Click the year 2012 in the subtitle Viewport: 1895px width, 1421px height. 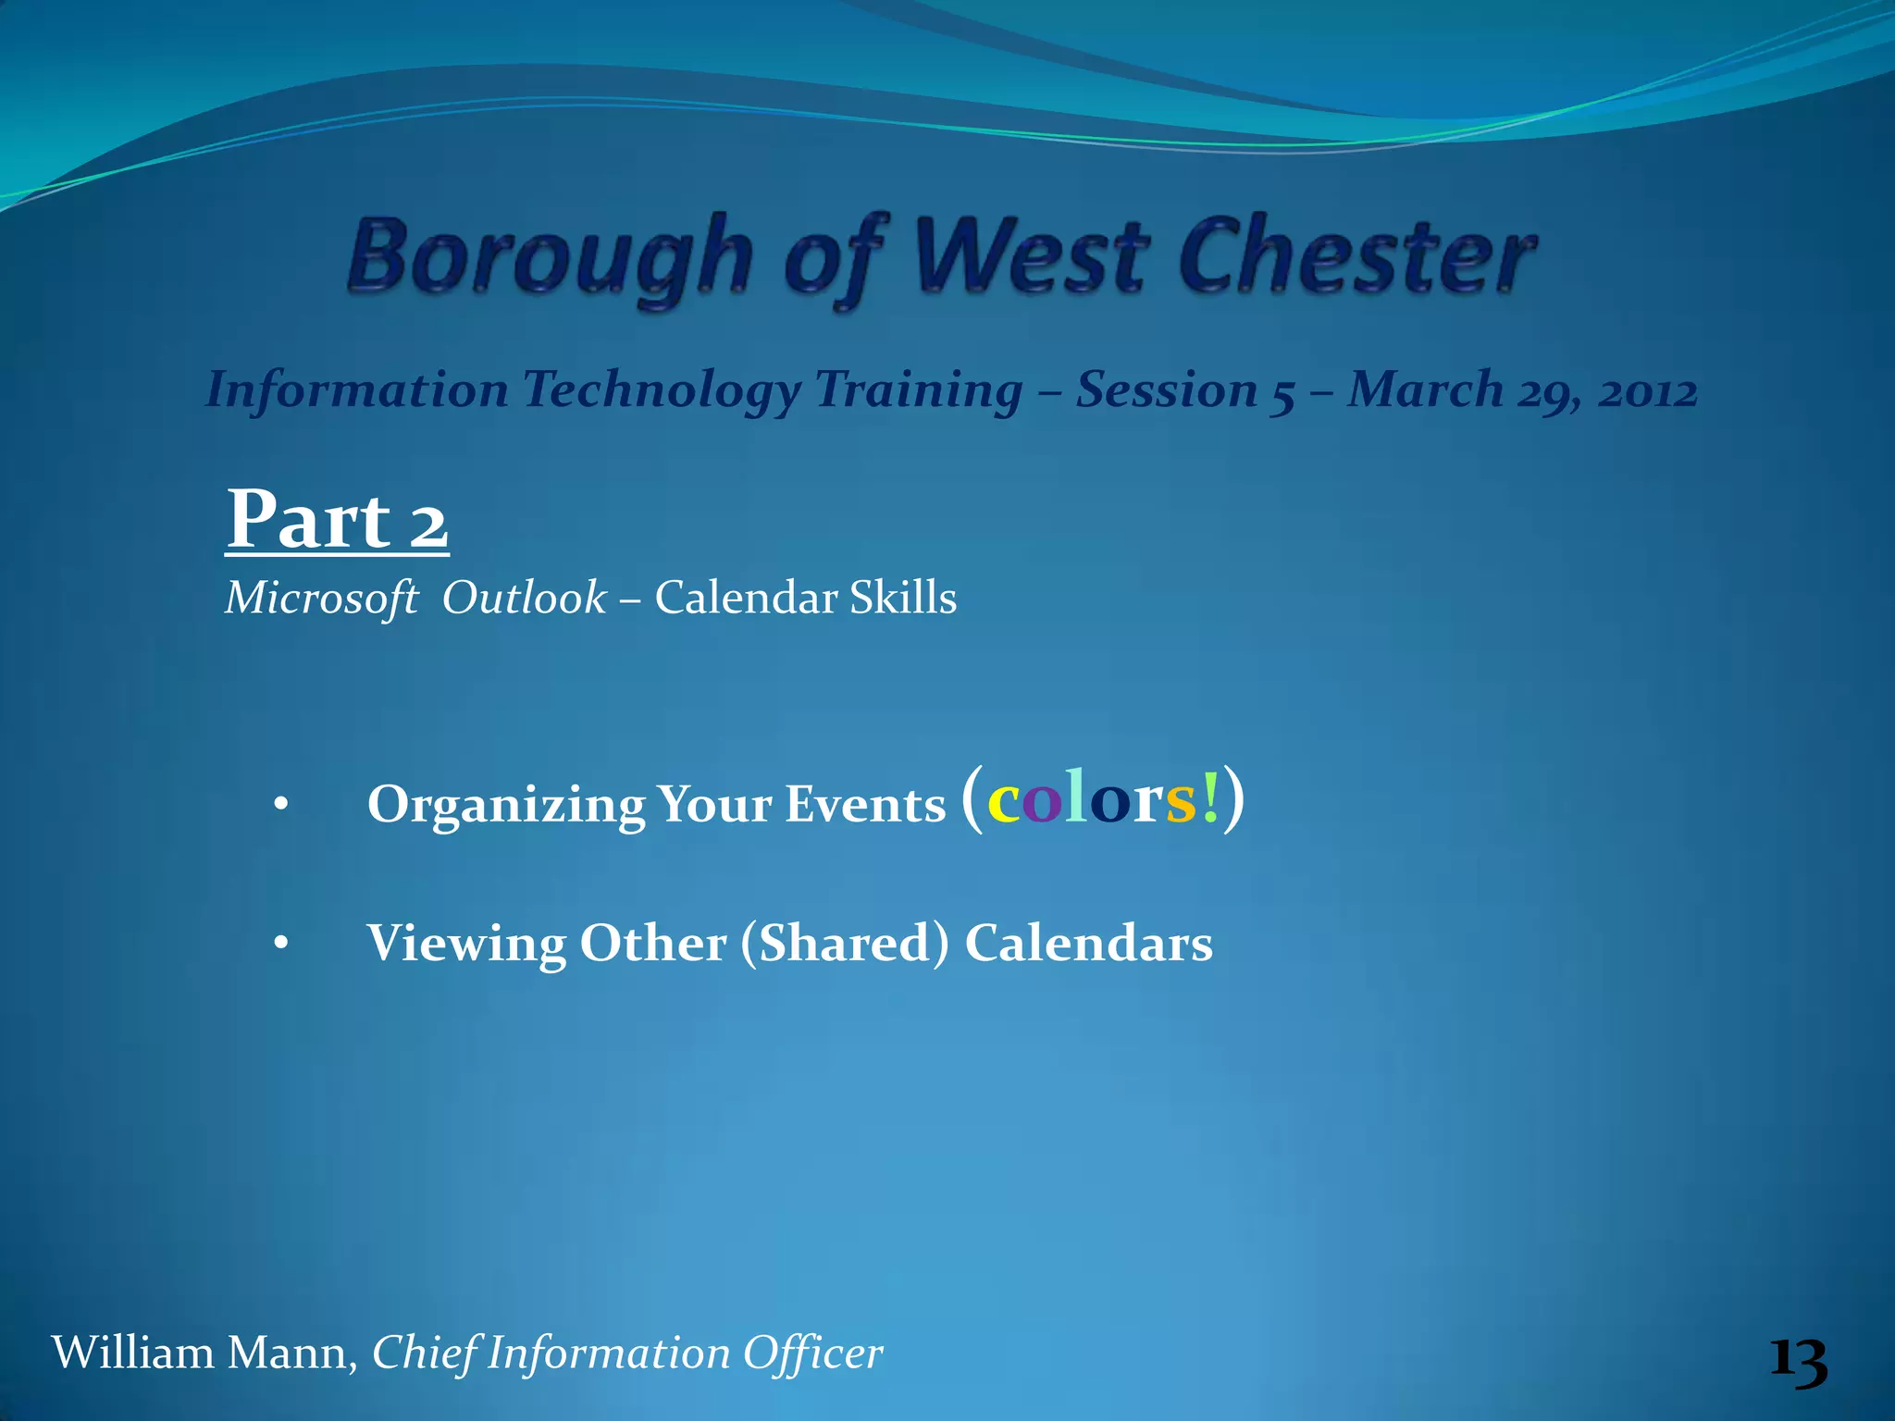click(1648, 390)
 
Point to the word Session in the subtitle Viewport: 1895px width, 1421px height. click(1166, 389)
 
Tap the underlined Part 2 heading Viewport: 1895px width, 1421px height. click(337, 520)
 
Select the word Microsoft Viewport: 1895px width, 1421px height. click(321, 599)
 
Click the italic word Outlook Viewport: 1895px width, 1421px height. click(524, 598)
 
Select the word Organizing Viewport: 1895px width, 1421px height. click(505, 805)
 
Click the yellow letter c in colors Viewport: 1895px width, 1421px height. click(1002, 801)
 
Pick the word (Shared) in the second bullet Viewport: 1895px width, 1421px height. click(844, 944)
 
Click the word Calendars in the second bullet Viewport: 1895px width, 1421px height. click(1088, 944)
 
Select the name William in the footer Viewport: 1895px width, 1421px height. click(132, 1353)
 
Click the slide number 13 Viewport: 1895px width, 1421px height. click(1798, 1362)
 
